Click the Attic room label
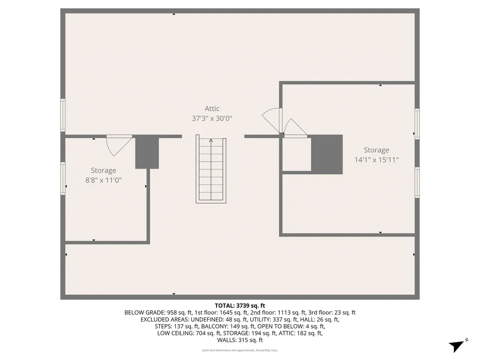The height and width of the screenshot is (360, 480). (212, 109)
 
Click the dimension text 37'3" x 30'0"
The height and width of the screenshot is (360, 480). (212, 119)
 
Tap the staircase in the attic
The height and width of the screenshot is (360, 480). (211, 171)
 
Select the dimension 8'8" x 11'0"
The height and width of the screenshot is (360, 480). (103, 180)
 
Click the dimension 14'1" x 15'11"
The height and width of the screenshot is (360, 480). (376, 159)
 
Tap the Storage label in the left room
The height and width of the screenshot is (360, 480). (103, 170)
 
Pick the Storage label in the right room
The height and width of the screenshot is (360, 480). (376, 150)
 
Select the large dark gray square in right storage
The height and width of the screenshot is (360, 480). (327, 155)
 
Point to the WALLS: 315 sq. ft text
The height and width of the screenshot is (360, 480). (240, 340)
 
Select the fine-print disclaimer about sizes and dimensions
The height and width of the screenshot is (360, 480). (240, 350)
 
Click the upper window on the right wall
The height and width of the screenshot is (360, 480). (417, 124)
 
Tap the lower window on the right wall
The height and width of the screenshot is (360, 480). (417, 183)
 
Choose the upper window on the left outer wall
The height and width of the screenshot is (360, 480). (63, 115)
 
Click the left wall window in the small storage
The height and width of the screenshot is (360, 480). (63, 178)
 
